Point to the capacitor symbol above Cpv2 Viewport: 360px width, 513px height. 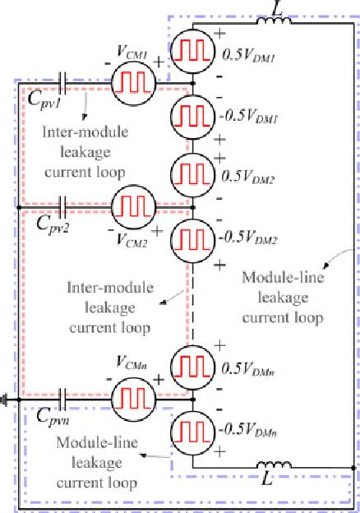[x=65, y=205]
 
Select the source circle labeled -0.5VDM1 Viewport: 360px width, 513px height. [x=192, y=115]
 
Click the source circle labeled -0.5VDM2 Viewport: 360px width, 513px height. [x=192, y=239]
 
